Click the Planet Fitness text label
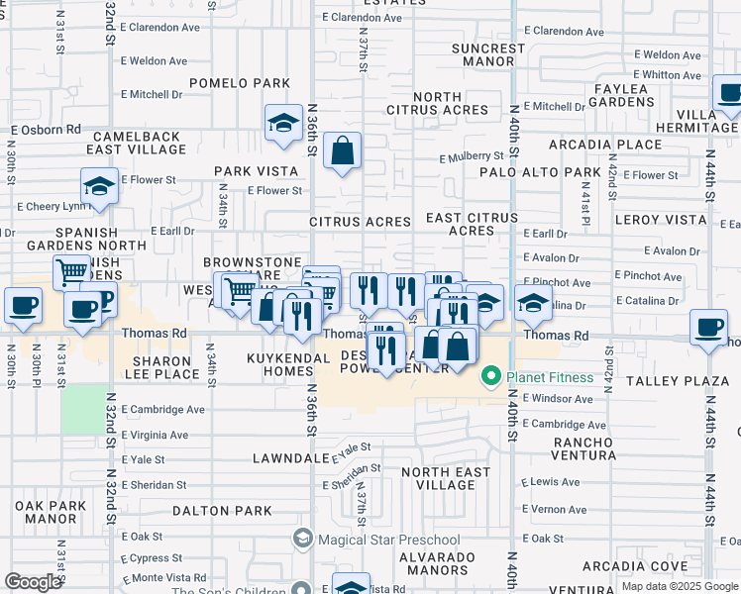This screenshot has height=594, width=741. [551, 377]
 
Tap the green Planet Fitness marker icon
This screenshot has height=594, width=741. [489, 377]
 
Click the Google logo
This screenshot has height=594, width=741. [33, 582]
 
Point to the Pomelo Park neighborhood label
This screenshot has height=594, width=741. [240, 83]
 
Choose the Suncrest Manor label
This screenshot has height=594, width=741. [487, 54]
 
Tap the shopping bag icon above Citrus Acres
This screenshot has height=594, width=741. [342, 151]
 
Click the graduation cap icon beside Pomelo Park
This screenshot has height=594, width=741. [283, 124]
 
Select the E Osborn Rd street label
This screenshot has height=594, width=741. [47, 130]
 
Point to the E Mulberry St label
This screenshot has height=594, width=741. [473, 156]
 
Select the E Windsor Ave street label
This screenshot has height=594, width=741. [557, 399]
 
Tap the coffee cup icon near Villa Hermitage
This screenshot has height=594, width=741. [730, 95]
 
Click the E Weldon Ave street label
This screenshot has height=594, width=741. [154, 61]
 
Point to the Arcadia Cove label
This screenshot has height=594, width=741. [621, 566]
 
